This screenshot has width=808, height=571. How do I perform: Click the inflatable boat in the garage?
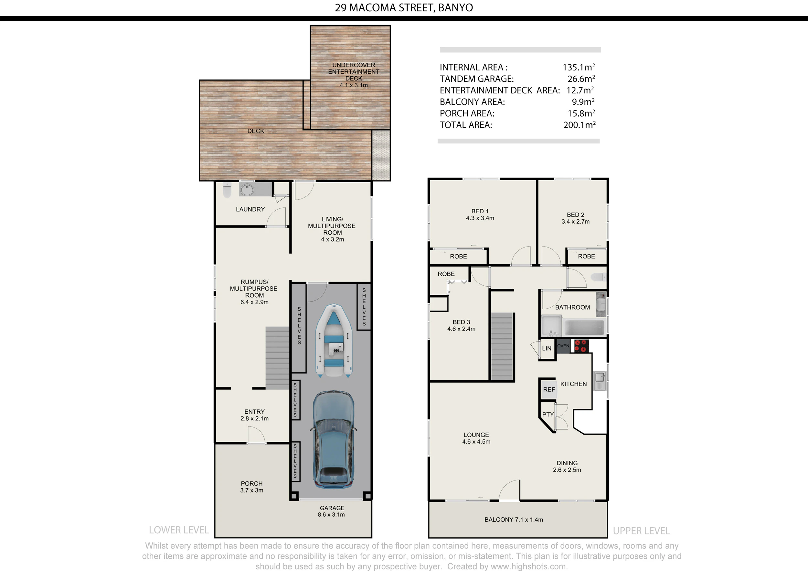(334, 341)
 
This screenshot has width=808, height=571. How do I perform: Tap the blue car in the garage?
(333, 440)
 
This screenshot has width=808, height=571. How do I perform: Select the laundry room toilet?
(227, 190)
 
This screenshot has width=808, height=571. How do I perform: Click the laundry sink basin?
(247, 190)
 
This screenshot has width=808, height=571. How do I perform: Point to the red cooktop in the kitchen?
(581, 345)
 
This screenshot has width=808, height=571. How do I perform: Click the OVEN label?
(563, 346)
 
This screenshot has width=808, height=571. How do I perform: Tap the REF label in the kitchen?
(549, 389)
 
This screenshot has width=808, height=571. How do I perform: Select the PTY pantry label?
(548, 415)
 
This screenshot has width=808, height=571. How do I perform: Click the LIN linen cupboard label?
(547, 348)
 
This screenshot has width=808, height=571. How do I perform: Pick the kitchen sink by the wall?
(600, 381)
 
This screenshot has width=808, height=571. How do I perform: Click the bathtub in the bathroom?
(584, 327)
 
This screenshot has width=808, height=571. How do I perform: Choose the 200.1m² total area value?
(579, 124)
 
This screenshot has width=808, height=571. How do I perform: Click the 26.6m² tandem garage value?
(581, 79)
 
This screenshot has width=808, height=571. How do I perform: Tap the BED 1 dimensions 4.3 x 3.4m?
(480, 218)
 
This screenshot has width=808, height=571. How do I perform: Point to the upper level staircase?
(502, 346)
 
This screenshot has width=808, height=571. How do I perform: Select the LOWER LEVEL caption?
(179, 530)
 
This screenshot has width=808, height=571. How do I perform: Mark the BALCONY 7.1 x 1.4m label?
(514, 520)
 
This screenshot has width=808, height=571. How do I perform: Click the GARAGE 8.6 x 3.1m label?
(332, 511)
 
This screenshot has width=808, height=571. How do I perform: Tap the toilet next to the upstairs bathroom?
(598, 277)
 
